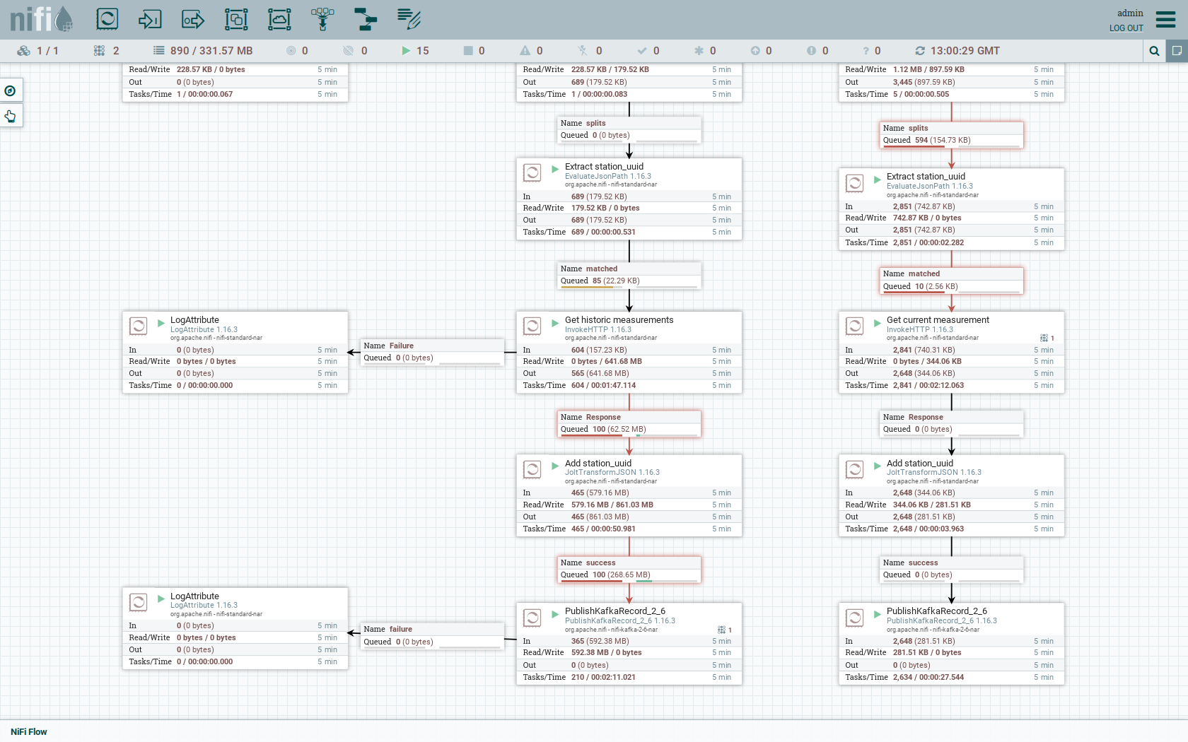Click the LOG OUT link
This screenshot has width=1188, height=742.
[1126, 28]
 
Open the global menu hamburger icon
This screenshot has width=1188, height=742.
[1165, 19]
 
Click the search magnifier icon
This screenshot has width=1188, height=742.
[1154, 51]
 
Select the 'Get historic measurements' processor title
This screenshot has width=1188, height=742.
[619, 320]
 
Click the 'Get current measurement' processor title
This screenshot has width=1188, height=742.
[938, 320]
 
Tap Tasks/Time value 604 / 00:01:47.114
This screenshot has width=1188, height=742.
[603, 386]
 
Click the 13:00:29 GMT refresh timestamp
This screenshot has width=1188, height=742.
[965, 51]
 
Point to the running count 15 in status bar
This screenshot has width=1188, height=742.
[422, 51]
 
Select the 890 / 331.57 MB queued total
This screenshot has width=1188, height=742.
[211, 51]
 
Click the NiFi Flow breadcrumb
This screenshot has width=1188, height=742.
[29, 731]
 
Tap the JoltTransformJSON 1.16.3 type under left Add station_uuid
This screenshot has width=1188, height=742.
[612, 473]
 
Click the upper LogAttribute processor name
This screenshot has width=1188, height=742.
[194, 320]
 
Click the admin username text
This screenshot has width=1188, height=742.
[1129, 13]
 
